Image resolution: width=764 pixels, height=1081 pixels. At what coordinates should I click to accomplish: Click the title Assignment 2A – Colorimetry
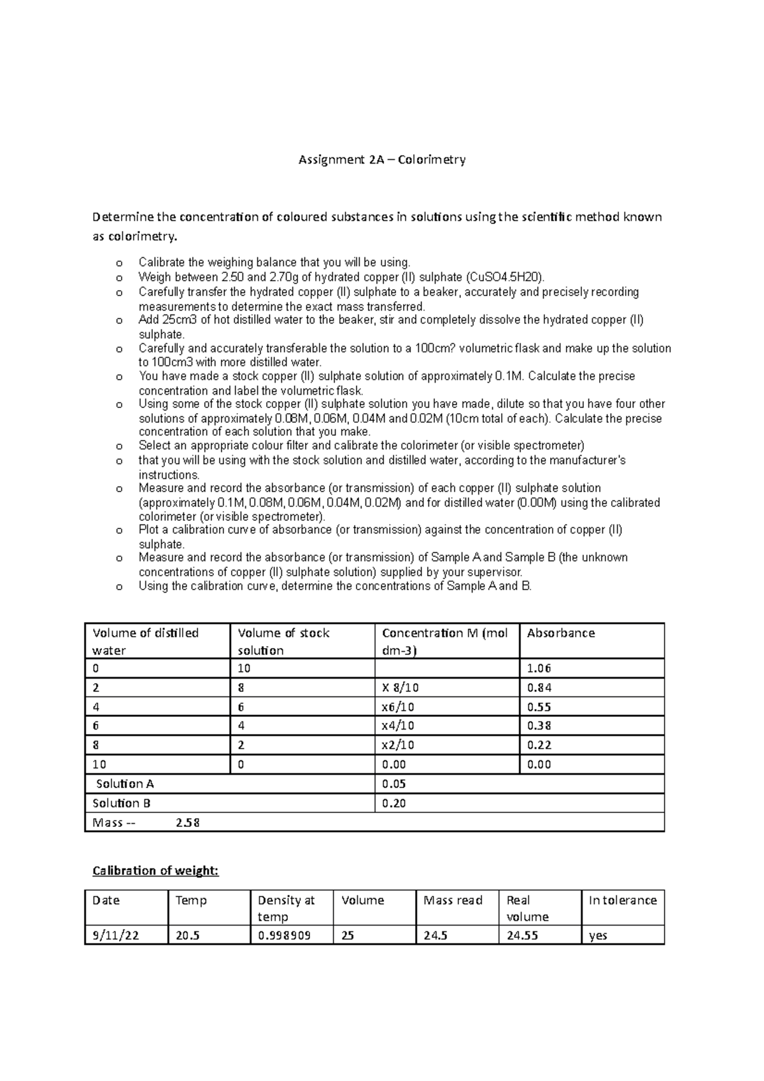click(382, 160)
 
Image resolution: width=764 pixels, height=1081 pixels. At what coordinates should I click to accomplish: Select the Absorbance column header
click(561, 633)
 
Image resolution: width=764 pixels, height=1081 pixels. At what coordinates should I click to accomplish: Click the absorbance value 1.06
click(539, 668)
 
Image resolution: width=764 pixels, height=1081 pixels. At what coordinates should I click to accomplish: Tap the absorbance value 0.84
click(539, 688)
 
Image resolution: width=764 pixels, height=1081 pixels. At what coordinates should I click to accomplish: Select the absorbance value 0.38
click(539, 726)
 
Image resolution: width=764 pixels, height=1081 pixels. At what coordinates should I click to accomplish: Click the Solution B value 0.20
click(393, 803)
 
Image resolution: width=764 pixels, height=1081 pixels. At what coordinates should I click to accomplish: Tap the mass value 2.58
click(187, 823)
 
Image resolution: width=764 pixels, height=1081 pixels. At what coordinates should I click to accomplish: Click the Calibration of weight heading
click(155, 871)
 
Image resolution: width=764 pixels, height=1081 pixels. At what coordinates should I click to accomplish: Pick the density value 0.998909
click(284, 935)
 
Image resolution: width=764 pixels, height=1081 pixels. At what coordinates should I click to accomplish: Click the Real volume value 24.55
click(522, 935)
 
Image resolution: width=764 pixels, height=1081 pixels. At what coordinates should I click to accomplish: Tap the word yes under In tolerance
click(598, 935)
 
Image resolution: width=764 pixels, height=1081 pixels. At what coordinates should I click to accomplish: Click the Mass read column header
click(453, 900)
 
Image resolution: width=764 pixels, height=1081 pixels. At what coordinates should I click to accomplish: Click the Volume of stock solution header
click(283, 641)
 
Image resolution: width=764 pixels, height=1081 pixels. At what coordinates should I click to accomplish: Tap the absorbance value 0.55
click(539, 707)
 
